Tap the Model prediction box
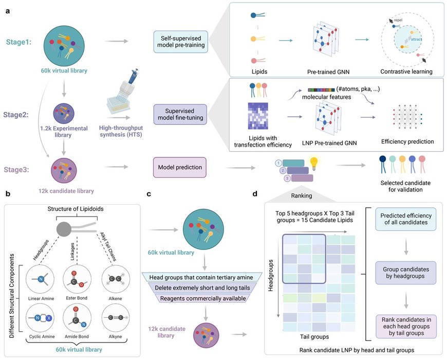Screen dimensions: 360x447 [178, 167]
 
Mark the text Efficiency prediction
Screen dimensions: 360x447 [407, 140]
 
